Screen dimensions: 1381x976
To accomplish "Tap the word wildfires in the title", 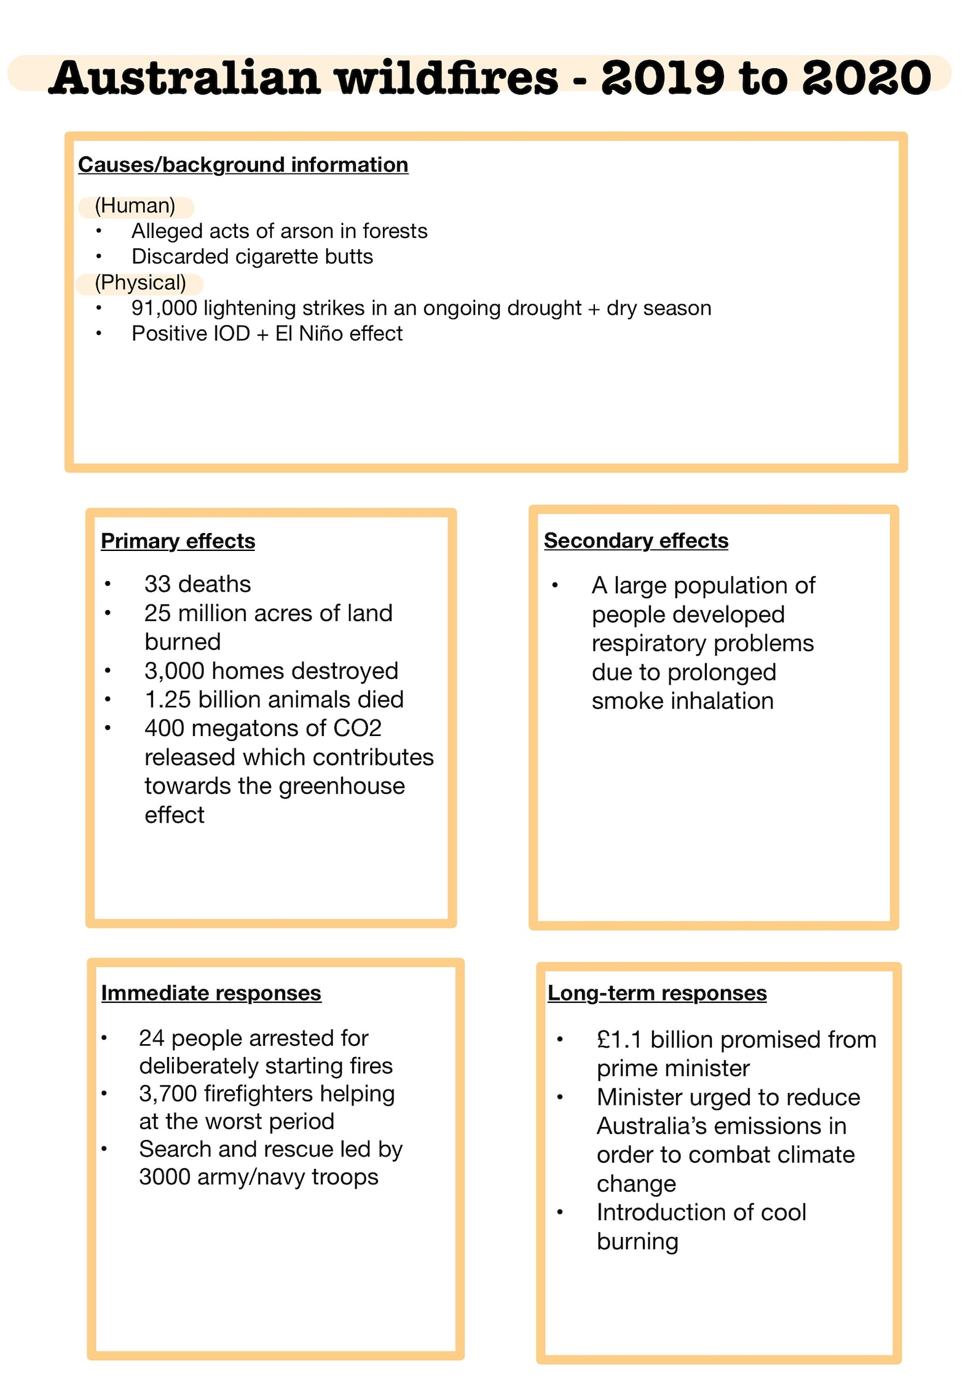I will click(447, 78).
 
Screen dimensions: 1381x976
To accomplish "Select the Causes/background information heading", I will click(243, 165).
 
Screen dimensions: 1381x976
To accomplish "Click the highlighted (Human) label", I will click(135, 206).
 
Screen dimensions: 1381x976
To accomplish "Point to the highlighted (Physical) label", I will click(140, 283).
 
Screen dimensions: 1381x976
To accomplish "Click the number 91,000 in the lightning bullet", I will click(164, 308).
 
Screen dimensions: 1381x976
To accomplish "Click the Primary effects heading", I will click(178, 541).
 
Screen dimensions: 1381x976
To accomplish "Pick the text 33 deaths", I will click(197, 584).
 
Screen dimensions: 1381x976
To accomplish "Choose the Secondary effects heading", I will click(636, 540).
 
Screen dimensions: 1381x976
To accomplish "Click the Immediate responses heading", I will click(211, 993).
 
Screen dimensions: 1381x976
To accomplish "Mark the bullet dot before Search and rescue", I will click(104, 1149).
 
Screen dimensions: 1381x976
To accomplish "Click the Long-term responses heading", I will click(657, 993).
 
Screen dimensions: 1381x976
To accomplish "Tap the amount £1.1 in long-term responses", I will click(619, 1040).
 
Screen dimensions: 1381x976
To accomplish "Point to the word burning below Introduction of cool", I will click(637, 1241).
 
